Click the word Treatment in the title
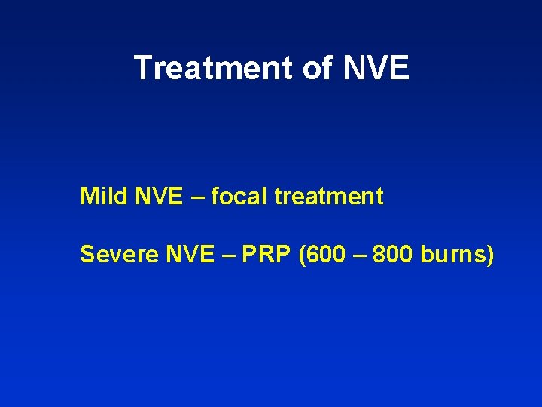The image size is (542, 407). [212, 68]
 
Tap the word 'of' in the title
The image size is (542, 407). [317, 68]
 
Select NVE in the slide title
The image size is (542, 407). [376, 68]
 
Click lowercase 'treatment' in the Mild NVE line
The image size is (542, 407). [329, 197]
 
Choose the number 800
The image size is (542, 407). [393, 255]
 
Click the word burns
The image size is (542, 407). [453, 255]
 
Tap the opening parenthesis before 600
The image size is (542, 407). [302, 255]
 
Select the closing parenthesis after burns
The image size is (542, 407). [490, 255]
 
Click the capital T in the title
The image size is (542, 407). [143, 68]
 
